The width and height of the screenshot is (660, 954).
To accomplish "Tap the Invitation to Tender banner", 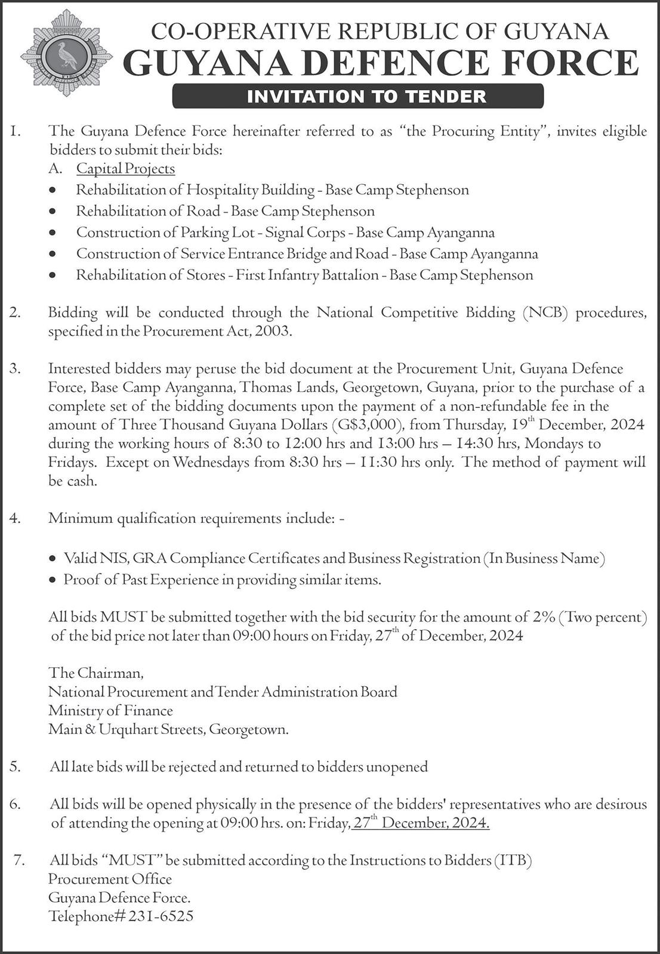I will [358, 96].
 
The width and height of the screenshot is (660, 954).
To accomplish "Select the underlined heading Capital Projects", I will [125, 169].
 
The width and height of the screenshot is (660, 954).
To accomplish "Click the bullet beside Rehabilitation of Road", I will [54, 212].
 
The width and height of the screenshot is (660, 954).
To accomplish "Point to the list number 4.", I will [16, 518].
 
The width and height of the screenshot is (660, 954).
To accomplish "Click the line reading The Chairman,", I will [96, 673].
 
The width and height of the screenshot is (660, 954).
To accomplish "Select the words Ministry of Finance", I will [110, 711].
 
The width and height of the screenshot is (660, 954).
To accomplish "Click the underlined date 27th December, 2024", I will [421, 823].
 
